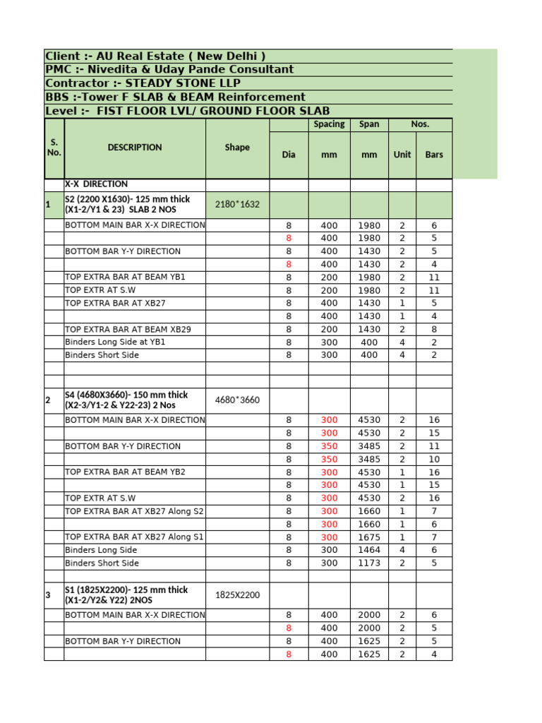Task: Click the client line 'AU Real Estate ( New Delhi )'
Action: click(x=155, y=56)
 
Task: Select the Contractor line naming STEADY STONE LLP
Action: click(x=143, y=83)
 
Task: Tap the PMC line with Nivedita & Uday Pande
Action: click(x=169, y=70)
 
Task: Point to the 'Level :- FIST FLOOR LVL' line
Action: click(x=187, y=111)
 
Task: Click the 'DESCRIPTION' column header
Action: click(x=135, y=148)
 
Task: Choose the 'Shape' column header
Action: click(x=237, y=148)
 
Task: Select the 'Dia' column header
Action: click(x=289, y=154)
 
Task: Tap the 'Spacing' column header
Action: click(x=329, y=124)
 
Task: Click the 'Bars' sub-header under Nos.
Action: click(x=434, y=154)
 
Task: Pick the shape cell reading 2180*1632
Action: click(x=237, y=205)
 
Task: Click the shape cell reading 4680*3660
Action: click(x=237, y=400)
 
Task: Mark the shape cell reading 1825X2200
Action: click(x=237, y=595)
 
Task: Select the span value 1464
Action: click(x=369, y=550)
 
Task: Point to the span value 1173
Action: click(x=369, y=563)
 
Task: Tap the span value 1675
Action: click(x=369, y=537)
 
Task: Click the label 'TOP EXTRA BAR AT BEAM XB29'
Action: click(x=128, y=329)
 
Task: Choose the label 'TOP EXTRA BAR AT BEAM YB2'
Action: click(x=125, y=472)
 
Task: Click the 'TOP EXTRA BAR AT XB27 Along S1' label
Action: click(x=134, y=537)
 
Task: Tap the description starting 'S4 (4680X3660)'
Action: click(x=127, y=400)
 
